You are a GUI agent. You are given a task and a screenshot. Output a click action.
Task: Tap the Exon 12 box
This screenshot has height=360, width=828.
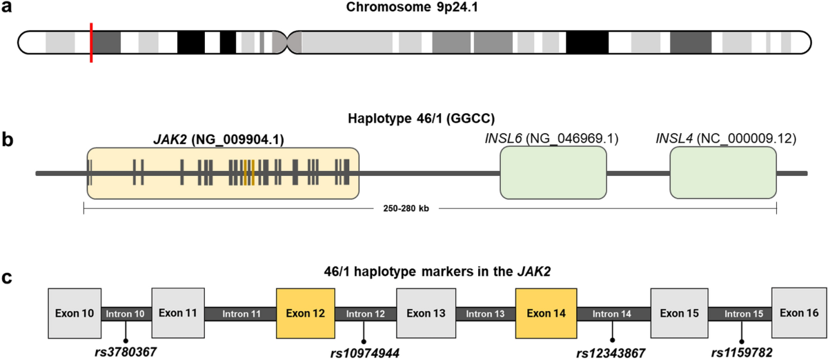coord(306,313)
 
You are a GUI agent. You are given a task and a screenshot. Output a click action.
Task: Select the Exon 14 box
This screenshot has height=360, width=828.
coord(546,313)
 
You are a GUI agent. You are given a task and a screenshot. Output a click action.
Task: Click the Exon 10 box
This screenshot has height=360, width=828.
coord(75,313)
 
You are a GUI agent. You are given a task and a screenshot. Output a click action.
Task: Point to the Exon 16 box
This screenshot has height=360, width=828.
coord(798,313)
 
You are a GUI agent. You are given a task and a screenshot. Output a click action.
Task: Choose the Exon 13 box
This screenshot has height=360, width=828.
coord(426,313)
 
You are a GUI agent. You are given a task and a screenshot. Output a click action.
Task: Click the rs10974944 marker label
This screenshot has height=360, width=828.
coord(364,353)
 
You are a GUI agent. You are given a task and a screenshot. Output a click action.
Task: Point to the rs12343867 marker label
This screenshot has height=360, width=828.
coord(611,353)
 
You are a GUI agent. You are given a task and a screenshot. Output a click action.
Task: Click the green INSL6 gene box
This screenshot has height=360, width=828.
coord(553,172)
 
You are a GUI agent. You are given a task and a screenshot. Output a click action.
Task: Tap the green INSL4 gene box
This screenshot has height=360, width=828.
coord(722,172)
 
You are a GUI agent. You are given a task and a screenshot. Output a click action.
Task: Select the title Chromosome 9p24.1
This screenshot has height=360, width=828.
coord(414,10)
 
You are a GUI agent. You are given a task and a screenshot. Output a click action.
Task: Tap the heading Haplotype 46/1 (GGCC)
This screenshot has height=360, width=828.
coord(414,119)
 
